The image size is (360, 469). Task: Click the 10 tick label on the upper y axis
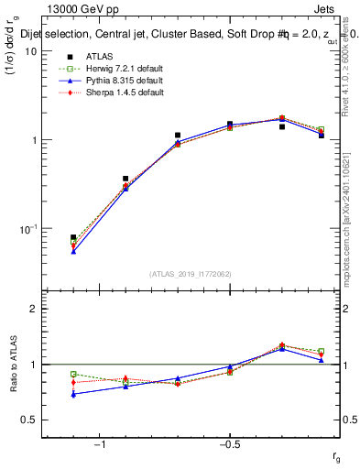(30, 51)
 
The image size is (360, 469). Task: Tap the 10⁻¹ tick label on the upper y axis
(27, 229)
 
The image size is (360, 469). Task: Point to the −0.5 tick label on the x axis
(229, 444)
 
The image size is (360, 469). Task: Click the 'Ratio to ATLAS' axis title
(12, 364)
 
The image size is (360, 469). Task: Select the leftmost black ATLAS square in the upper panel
(73, 237)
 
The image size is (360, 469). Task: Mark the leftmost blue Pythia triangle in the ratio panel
(73, 394)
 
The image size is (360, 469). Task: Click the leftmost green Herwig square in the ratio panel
(73, 374)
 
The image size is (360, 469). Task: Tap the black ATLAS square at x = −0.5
(230, 124)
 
